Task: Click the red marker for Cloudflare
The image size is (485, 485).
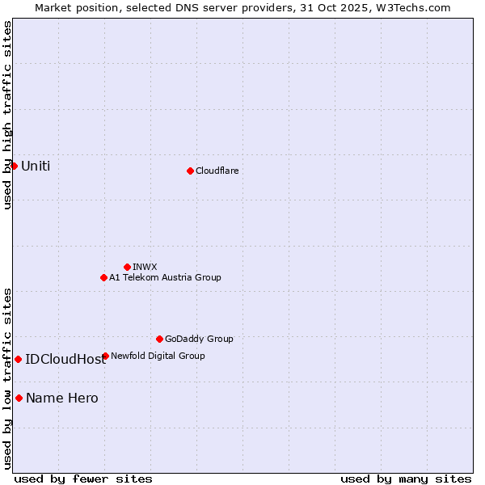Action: (x=190, y=171)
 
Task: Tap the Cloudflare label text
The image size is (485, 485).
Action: (x=217, y=171)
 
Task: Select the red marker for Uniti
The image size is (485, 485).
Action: (x=14, y=166)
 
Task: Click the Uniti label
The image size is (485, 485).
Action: (x=36, y=167)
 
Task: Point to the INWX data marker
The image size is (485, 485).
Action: (x=127, y=267)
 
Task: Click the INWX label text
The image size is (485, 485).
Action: (x=145, y=267)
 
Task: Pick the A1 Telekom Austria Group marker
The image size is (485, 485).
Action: (x=103, y=277)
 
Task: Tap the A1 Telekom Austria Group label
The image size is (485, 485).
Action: (x=165, y=277)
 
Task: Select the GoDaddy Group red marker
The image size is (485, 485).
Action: (x=159, y=339)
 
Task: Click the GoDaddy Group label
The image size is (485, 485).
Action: (x=199, y=339)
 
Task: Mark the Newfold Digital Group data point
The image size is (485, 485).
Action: (x=105, y=356)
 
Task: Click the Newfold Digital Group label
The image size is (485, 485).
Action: (x=158, y=356)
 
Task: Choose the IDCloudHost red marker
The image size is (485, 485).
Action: (x=18, y=359)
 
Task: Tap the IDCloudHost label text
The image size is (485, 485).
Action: (x=65, y=360)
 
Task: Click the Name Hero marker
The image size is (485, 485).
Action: (x=19, y=398)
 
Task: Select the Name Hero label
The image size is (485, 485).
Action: (x=62, y=399)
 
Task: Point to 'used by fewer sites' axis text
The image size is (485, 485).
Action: (x=83, y=479)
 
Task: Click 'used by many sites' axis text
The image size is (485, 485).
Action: (x=406, y=479)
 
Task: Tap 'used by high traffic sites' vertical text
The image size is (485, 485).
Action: (x=8, y=115)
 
